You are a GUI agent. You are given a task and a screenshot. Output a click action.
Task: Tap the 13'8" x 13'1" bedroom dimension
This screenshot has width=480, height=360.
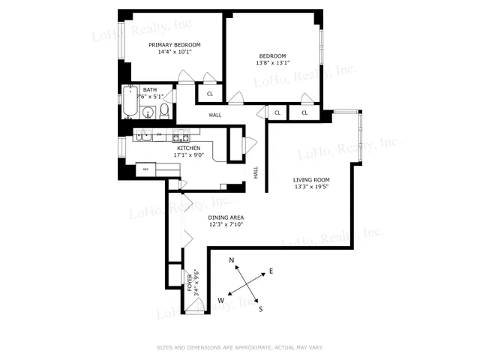click(273, 64)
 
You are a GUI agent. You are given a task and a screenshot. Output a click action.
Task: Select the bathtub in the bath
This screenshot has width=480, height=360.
click(129, 103)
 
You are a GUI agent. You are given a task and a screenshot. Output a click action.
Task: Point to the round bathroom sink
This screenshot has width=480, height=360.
click(148, 113)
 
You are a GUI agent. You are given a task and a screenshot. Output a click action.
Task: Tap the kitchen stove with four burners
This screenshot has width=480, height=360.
click(181, 136)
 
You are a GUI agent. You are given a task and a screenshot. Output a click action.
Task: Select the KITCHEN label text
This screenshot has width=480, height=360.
click(187, 148)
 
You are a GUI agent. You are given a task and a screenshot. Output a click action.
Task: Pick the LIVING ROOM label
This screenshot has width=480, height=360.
click(311, 180)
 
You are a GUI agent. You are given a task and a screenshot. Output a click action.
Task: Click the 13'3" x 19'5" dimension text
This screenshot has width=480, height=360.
click(311, 188)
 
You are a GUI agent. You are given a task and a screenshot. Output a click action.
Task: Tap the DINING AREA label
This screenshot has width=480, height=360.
click(226, 217)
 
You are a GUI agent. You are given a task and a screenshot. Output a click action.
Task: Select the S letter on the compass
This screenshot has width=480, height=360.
click(260, 307)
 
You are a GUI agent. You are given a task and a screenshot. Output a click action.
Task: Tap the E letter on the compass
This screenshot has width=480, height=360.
click(271, 271)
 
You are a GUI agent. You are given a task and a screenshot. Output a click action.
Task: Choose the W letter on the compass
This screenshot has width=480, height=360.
click(220, 300)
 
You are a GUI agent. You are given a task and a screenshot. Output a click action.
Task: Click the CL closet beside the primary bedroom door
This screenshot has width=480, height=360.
click(209, 94)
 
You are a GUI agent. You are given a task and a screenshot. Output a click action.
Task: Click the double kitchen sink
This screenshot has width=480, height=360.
click(143, 136)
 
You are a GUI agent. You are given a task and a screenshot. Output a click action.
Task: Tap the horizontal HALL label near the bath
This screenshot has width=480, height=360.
click(215, 115)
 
